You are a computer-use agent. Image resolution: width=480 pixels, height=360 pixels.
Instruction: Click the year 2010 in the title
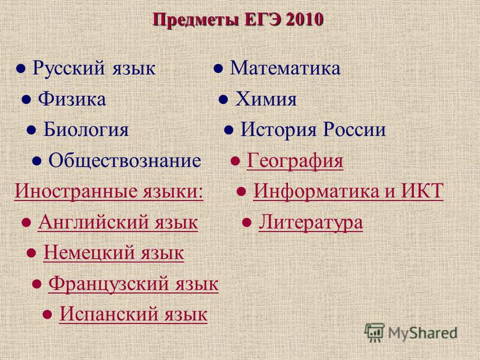pyautogui.click(x=304, y=20)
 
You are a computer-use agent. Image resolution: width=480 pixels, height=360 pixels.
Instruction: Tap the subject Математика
pyautogui.click(x=285, y=68)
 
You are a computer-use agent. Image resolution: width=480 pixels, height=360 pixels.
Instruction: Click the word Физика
pyautogui.click(x=72, y=99)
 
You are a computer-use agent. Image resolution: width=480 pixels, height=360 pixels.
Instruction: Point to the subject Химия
pyautogui.click(x=266, y=99)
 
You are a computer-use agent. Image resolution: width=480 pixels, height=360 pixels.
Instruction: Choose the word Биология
pyautogui.click(x=86, y=130)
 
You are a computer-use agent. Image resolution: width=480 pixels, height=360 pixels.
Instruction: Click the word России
pyautogui.click(x=355, y=129)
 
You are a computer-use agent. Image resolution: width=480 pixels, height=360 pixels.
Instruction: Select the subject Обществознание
pyautogui.click(x=125, y=160)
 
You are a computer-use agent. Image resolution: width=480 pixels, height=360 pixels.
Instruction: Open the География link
pyautogui.click(x=295, y=161)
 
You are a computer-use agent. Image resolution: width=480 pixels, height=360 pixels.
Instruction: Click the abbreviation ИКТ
pyautogui.click(x=422, y=190)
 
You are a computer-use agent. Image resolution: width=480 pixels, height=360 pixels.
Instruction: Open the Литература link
pyautogui.click(x=311, y=222)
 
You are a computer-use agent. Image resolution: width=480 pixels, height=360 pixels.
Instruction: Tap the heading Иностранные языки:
pyautogui.click(x=109, y=191)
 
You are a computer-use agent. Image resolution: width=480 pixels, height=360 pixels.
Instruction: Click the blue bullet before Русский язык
pyautogui.click(x=21, y=68)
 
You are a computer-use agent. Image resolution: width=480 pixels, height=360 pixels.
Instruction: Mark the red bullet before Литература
pyautogui.click(x=247, y=222)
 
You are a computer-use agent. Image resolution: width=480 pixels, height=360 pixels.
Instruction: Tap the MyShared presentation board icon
pyautogui.click(x=374, y=333)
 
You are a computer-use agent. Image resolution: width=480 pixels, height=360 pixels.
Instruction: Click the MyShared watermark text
pyautogui.click(x=422, y=333)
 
